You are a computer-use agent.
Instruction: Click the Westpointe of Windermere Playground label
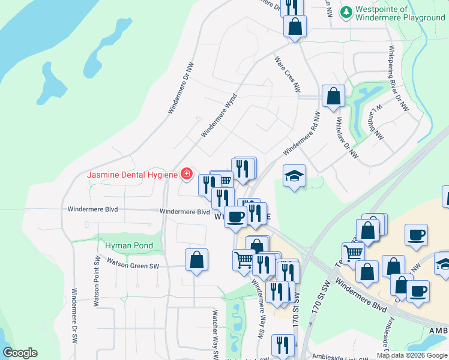tap(400, 13)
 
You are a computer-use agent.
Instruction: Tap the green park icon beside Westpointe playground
tap(346, 12)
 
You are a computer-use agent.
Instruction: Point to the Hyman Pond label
tap(129, 245)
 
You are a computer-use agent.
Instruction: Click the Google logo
tap(20, 353)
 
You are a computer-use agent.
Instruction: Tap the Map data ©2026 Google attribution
tap(411, 355)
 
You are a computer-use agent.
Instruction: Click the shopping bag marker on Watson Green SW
tap(196, 260)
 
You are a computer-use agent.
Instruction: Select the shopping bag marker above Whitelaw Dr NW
tap(333, 96)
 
